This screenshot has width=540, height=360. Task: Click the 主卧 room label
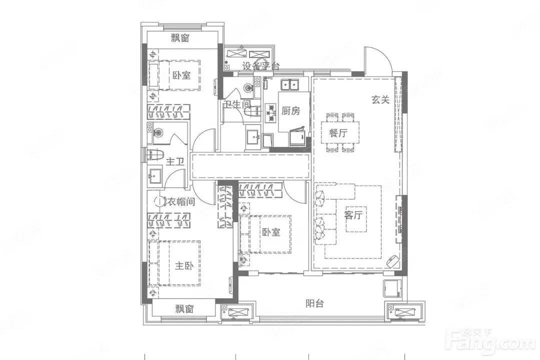point(184,266)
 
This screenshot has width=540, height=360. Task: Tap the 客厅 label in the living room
point(353,215)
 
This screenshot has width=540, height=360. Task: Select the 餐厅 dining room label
point(338,133)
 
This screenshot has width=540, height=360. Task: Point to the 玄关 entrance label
point(380,100)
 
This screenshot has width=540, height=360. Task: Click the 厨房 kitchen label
point(290,111)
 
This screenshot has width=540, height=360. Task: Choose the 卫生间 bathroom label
point(237,104)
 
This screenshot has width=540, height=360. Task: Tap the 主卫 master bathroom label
point(175,161)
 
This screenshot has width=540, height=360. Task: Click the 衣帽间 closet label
point(181,202)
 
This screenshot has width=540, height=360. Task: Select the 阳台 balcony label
point(314,303)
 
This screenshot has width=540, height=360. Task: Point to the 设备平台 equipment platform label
point(260,66)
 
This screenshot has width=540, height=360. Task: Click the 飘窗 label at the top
point(180,38)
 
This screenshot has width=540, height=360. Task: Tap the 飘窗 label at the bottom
point(184,309)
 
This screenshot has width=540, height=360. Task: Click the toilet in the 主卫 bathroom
point(155,155)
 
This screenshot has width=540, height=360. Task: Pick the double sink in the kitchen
point(291,84)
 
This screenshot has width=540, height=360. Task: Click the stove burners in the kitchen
point(271,112)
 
